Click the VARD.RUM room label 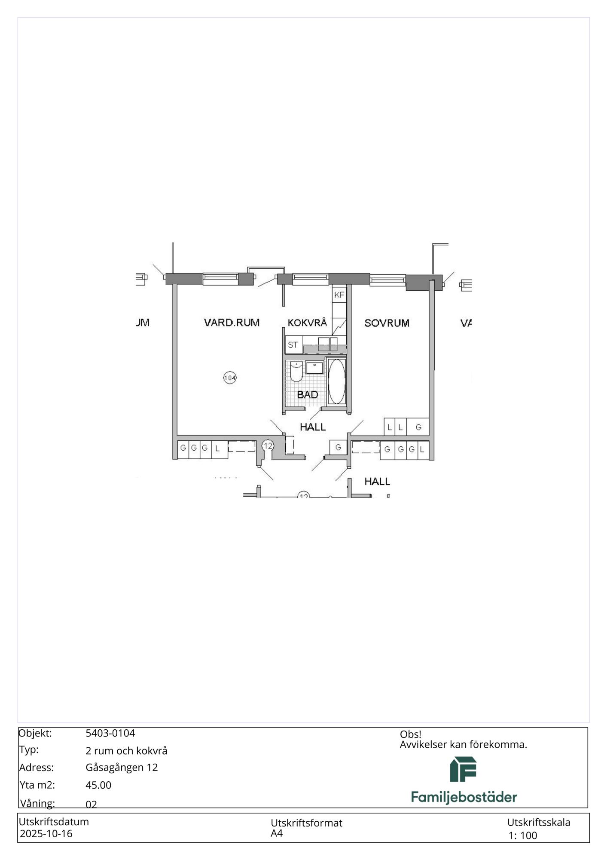(x=232, y=322)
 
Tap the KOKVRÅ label (x=307, y=322)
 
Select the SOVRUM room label (x=387, y=323)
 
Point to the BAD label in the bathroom (x=308, y=394)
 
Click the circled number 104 (x=230, y=378)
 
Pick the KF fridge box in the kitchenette (x=339, y=295)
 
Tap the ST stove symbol (x=293, y=345)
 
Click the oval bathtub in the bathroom (x=337, y=381)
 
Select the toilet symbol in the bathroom (x=296, y=372)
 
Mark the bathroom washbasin (x=314, y=368)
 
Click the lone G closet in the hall (x=338, y=448)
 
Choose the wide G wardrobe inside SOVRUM (x=418, y=427)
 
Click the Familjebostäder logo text (x=464, y=797)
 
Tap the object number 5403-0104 (x=110, y=733)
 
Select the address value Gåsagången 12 (x=122, y=768)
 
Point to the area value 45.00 (x=98, y=785)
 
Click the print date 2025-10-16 (x=46, y=834)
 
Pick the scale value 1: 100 (x=523, y=835)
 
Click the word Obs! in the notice (x=410, y=734)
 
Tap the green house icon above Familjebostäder (x=463, y=769)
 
